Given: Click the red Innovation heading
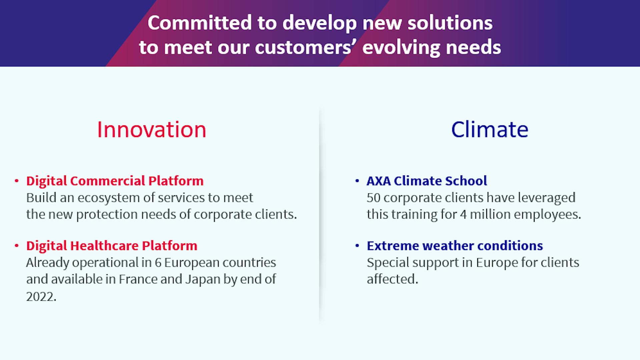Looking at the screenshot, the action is click(x=152, y=129).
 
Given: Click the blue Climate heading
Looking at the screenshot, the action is click(x=490, y=129).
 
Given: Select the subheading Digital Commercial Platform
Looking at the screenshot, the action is click(x=115, y=181).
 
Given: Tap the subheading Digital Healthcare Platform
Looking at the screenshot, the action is click(x=112, y=246).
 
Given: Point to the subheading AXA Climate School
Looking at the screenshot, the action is click(x=427, y=181).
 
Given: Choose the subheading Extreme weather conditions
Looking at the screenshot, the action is click(x=455, y=246).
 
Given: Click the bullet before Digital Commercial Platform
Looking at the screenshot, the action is click(x=17, y=181).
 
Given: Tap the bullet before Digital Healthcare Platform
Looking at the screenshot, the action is click(x=17, y=246).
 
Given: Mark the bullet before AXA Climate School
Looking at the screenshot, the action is click(x=357, y=181).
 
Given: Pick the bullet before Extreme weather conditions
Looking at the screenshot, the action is click(x=357, y=246).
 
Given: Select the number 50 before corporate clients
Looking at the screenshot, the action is click(x=374, y=198).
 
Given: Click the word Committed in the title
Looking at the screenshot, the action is click(x=200, y=23).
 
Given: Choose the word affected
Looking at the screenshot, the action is click(x=392, y=279).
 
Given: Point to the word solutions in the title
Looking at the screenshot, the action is click(x=450, y=23).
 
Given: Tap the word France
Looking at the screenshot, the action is click(x=138, y=279).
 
